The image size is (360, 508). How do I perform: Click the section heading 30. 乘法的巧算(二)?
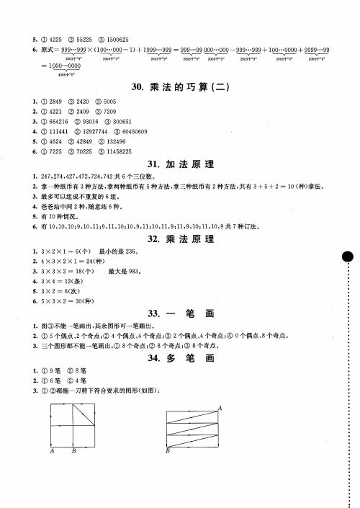[180, 87]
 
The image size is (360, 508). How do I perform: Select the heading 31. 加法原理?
[180, 165]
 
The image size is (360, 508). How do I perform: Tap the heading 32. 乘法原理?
[180, 239]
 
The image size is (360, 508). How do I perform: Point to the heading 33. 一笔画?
[180, 313]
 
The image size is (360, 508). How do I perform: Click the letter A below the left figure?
[53, 453]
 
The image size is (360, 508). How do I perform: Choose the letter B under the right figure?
[167, 451]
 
